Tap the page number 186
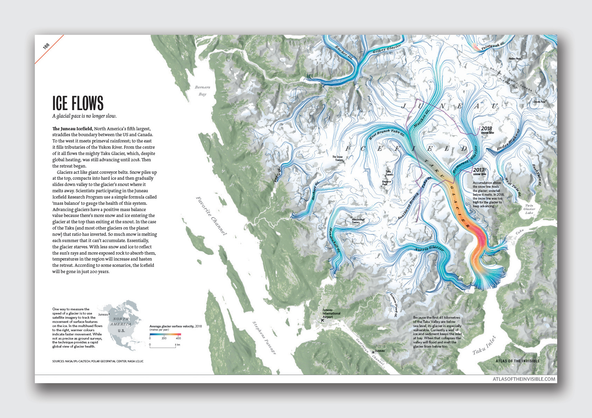(46, 46)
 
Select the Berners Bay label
(202, 91)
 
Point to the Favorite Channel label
(211, 216)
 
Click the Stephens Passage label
(264, 338)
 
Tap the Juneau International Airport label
(331, 313)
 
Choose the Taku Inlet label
(484, 346)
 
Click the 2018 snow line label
(487, 130)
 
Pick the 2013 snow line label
(479, 171)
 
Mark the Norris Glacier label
(429, 248)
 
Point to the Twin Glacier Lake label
(529, 209)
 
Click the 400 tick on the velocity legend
(178, 338)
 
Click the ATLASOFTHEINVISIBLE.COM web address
(524, 379)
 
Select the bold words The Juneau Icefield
(72, 129)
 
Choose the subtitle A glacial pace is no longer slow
(84, 116)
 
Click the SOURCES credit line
(98, 361)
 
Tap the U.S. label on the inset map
(121, 331)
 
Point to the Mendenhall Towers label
(358, 221)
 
